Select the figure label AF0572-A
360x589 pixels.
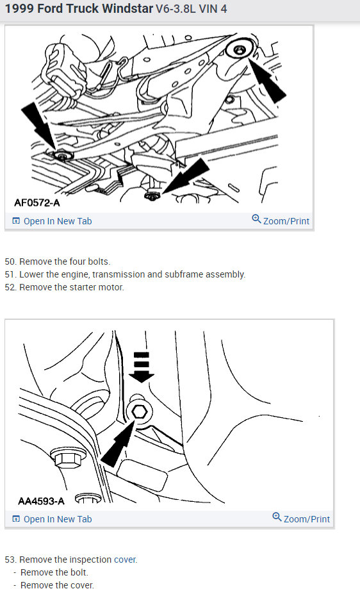coord(37,203)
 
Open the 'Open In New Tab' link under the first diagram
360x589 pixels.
coord(52,221)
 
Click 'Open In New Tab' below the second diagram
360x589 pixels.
coord(52,519)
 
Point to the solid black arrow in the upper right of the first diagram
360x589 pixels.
coord(269,83)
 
